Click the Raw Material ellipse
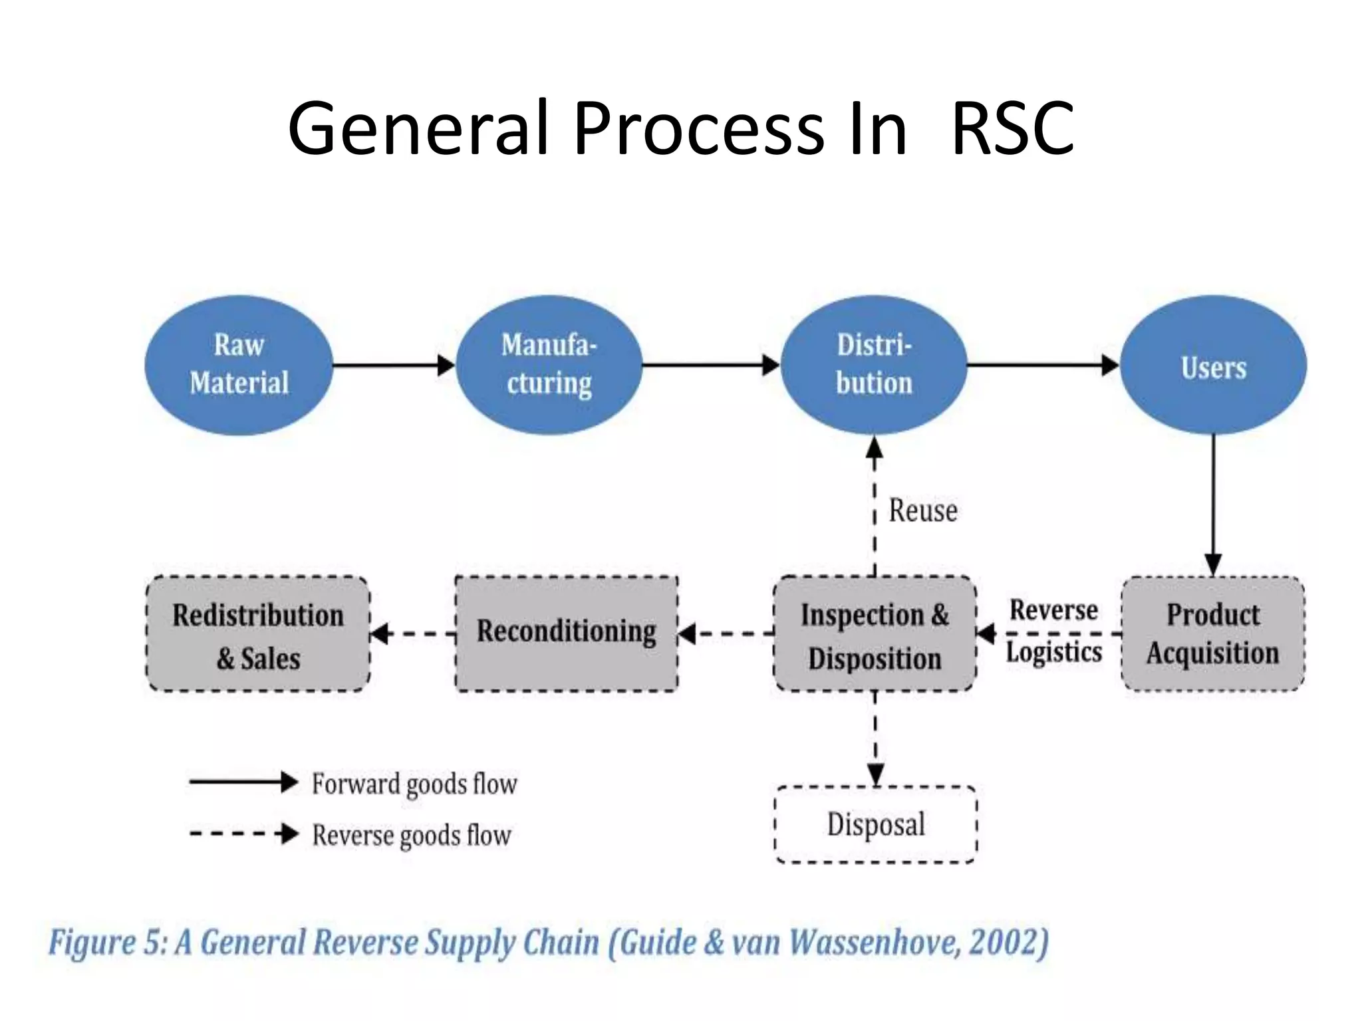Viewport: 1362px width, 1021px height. tap(238, 365)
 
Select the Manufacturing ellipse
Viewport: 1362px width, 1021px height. tap(549, 365)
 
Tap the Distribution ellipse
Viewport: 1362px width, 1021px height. tap(873, 365)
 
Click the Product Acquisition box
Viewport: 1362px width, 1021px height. tap(1212, 633)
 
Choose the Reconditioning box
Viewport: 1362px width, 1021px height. tap(566, 633)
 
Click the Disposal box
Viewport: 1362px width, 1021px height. tap(875, 824)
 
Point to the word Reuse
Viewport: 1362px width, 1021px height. tap(923, 510)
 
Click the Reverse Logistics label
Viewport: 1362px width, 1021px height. tap(1053, 630)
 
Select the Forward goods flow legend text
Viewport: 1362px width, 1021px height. tap(414, 784)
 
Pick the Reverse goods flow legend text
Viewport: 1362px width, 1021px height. tap(411, 835)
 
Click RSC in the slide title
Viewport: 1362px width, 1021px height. tap(1012, 128)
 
